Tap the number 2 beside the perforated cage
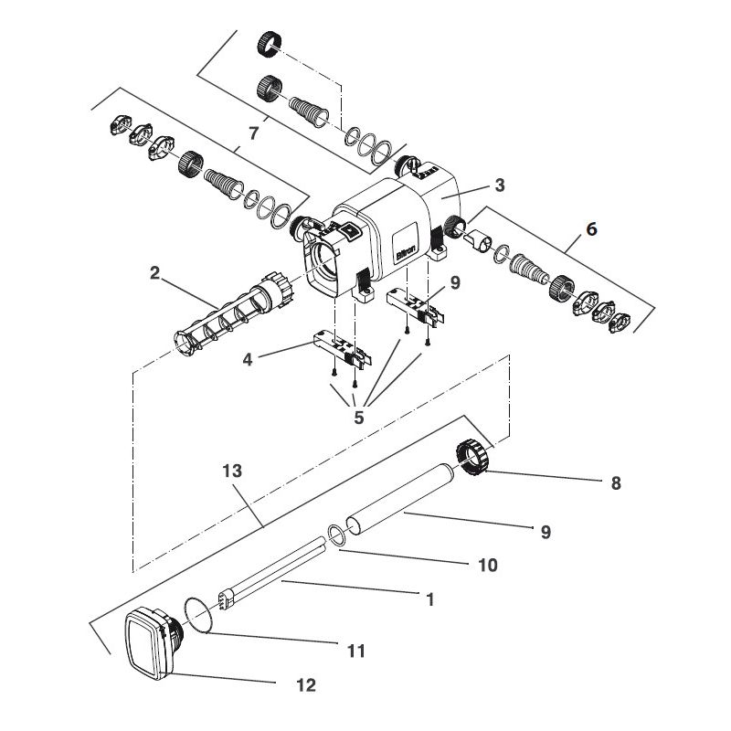click(155, 272)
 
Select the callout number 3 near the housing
click(499, 185)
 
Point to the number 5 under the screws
click(358, 418)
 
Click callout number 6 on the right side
click(591, 228)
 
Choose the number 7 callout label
click(253, 132)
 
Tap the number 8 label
click(616, 483)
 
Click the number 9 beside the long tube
click(546, 532)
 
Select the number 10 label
click(488, 565)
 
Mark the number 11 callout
click(356, 651)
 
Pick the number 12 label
click(307, 684)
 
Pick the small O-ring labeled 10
click(336, 535)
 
